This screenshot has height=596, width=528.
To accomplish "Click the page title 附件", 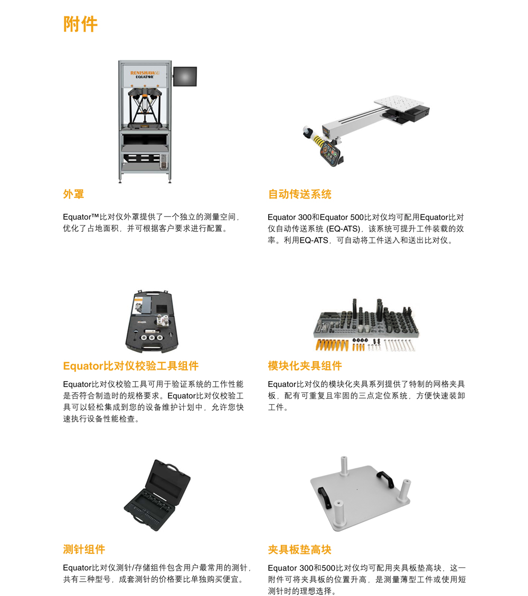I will [x=80, y=24].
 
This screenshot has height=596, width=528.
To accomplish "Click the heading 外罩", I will [x=73, y=194].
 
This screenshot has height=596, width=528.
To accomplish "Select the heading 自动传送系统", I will [x=299, y=194].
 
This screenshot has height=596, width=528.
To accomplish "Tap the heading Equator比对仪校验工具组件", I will [x=130, y=366].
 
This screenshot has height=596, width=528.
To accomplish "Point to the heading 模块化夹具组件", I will [x=305, y=366].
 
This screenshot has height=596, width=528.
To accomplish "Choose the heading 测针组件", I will [x=84, y=550].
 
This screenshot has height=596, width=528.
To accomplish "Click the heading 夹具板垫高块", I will [x=299, y=550].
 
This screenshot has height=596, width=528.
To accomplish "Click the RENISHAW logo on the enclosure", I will [x=144, y=73].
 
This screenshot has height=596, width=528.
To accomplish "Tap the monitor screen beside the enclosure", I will [x=185, y=77].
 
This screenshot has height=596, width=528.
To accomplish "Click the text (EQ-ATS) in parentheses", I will [x=343, y=229].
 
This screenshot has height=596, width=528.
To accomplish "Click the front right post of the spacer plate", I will [x=405, y=490].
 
